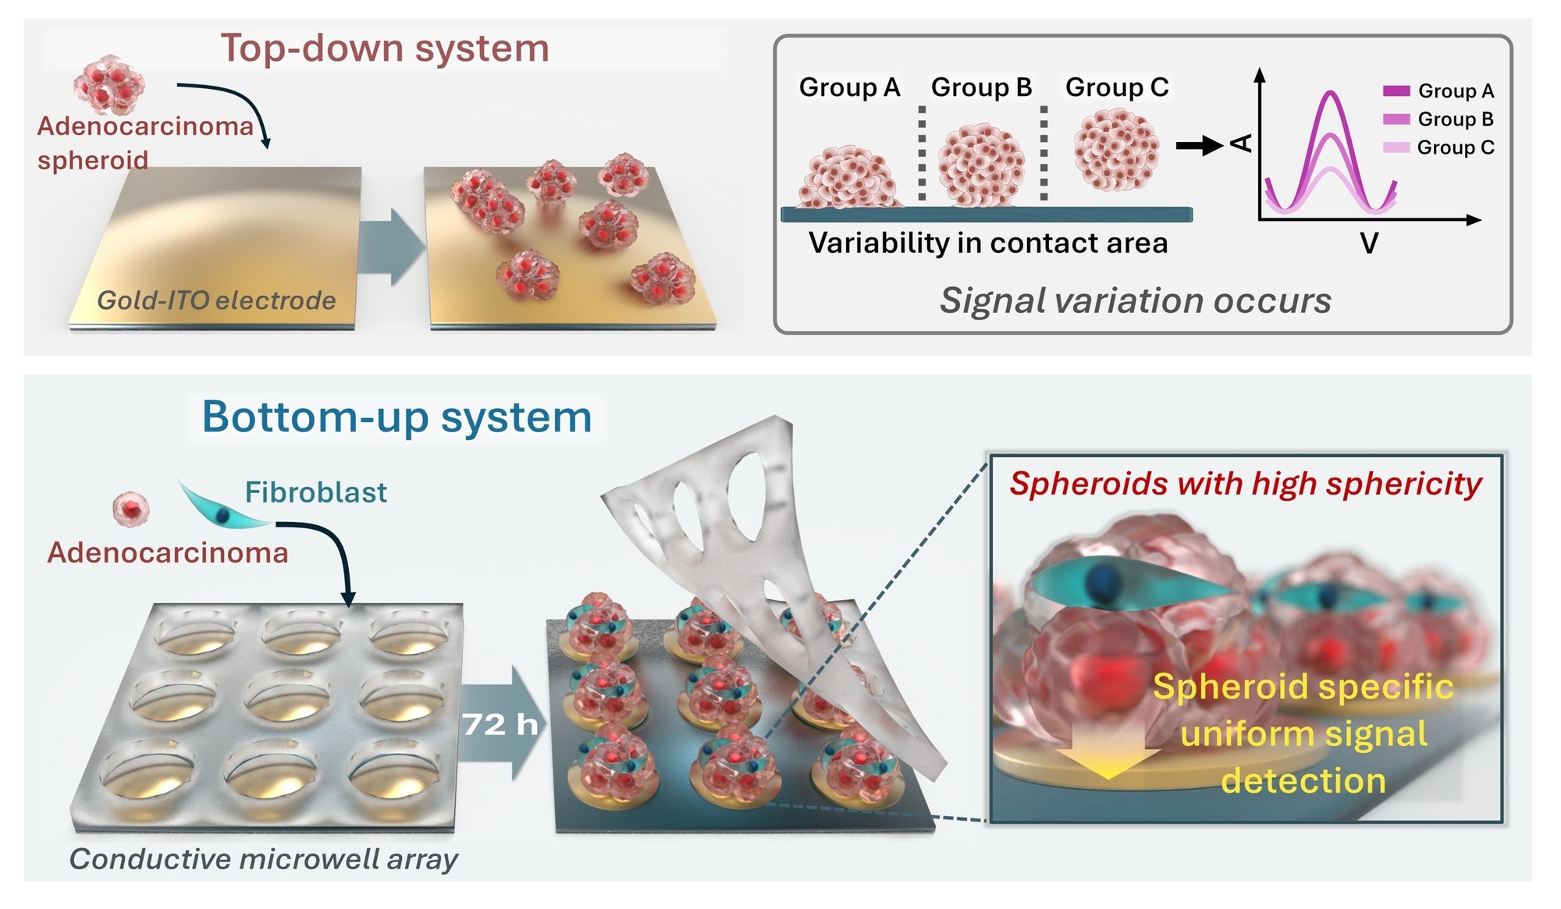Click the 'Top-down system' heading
click(385, 48)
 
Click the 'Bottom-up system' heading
click(397, 417)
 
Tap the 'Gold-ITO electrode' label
click(216, 300)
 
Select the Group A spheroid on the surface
click(848, 177)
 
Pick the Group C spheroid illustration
click(1116, 149)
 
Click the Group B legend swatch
click(1396, 119)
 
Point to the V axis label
click(1369, 243)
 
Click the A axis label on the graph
click(1240, 143)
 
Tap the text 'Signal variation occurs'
click(1136, 300)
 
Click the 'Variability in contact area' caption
click(988, 243)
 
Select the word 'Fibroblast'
click(316, 492)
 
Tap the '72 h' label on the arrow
click(500, 725)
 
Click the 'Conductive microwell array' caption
click(264, 859)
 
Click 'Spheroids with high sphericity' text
click(1246, 484)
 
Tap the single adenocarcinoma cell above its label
click(131, 509)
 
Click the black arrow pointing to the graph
click(1200, 146)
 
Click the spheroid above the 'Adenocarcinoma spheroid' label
click(109, 84)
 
